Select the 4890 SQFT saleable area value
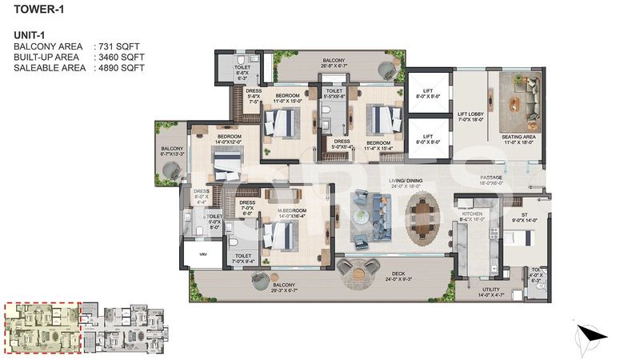(119, 69)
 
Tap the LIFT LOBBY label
(472, 114)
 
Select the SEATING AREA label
(518, 137)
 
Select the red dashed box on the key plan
(42, 328)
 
